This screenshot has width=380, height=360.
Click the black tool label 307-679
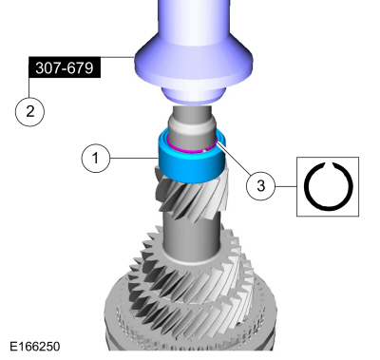[x=65, y=67]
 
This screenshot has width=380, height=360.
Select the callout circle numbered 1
[x=96, y=158]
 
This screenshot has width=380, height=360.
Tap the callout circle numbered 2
[x=29, y=111]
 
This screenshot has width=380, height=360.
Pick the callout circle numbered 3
[x=260, y=186]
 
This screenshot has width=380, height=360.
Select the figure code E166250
[x=35, y=347]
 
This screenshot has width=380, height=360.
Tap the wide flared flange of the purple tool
[x=194, y=64]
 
